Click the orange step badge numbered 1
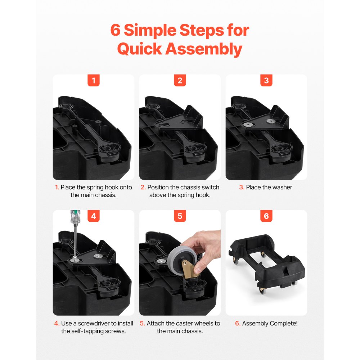click(x=94, y=80)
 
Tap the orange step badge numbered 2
click(x=180, y=80)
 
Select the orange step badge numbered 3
click(x=266, y=80)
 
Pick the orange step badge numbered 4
click(x=94, y=216)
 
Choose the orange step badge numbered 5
click(x=180, y=216)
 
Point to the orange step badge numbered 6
click(x=266, y=216)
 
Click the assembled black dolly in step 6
click(x=266, y=261)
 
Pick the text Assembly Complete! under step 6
click(x=270, y=323)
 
